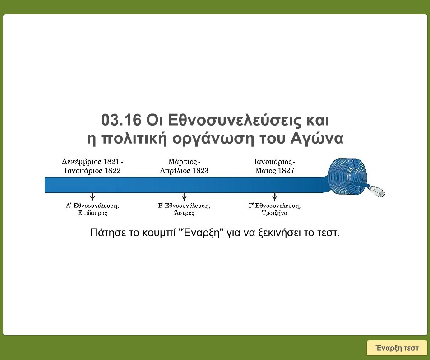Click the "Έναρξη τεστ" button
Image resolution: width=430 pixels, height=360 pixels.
point(397,348)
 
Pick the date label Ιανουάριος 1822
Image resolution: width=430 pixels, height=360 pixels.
point(92,171)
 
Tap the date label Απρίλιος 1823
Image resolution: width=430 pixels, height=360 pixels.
point(184,171)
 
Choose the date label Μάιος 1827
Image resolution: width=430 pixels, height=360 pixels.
point(274,171)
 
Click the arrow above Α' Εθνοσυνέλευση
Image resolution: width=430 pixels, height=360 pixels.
point(92,196)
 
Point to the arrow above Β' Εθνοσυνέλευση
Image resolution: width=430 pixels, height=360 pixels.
point(184,196)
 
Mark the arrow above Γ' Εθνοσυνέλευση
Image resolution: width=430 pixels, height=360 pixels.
point(274,196)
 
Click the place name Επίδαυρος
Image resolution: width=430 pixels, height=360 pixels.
point(92,213)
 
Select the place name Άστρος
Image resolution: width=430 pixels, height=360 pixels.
point(184,213)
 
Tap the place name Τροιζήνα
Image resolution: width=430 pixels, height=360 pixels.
point(274,213)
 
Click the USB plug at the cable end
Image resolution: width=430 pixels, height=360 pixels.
point(378,192)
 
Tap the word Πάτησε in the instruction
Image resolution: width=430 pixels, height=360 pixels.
point(106,234)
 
